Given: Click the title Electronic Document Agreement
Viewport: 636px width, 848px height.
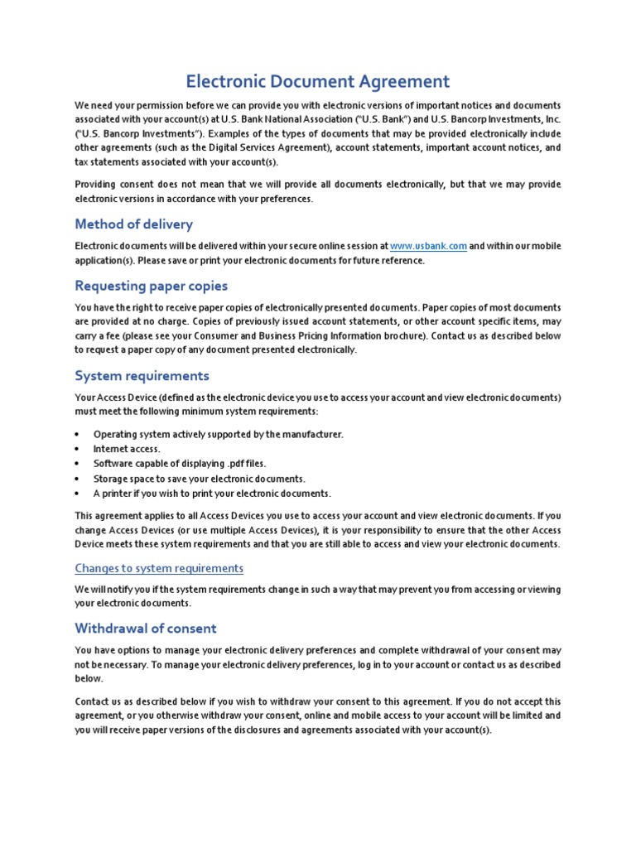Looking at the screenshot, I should (x=318, y=81).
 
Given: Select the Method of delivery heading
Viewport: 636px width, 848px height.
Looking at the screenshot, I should (x=133, y=224).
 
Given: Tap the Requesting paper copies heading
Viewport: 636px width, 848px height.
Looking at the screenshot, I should (x=151, y=286).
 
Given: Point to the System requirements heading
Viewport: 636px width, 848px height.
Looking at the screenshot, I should (x=142, y=376).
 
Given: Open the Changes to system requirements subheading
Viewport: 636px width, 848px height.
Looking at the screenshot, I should (x=159, y=568).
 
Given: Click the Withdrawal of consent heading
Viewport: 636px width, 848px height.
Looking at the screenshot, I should (x=146, y=627).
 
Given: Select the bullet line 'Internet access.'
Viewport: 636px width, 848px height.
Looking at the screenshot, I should (x=127, y=449).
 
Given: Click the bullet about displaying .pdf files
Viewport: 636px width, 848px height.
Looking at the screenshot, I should (x=179, y=464).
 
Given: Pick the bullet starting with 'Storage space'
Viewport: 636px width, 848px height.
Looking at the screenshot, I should (x=199, y=479).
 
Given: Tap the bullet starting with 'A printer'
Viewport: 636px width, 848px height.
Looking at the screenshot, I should (x=211, y=494).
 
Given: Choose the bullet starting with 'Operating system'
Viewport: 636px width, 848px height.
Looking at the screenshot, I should (x=218, y=434).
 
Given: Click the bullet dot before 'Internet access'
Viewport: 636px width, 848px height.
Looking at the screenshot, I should (x=77, y=449).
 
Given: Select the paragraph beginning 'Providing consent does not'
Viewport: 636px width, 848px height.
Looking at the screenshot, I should (x=318, y=191).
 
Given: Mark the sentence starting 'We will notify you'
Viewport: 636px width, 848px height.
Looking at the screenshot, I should (x=318, y=596).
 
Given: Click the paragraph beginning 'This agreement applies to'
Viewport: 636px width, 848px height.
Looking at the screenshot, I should (x=318, y=529).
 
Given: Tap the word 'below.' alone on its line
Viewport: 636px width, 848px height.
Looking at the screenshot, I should (x=89, y=677).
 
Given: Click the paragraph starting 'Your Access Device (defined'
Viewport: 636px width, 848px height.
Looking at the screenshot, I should (x=318, y=404).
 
